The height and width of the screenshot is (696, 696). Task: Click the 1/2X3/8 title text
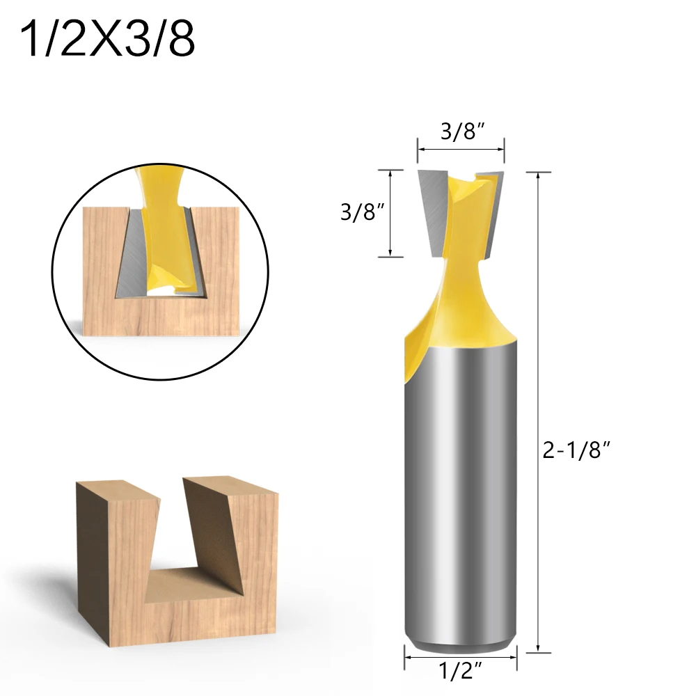tap(108, 40)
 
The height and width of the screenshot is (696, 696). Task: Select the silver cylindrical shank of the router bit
tap(461, 487)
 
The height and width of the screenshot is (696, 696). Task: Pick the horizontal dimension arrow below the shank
tap(461, 655)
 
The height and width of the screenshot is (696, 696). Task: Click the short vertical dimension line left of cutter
tap(391, 212)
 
